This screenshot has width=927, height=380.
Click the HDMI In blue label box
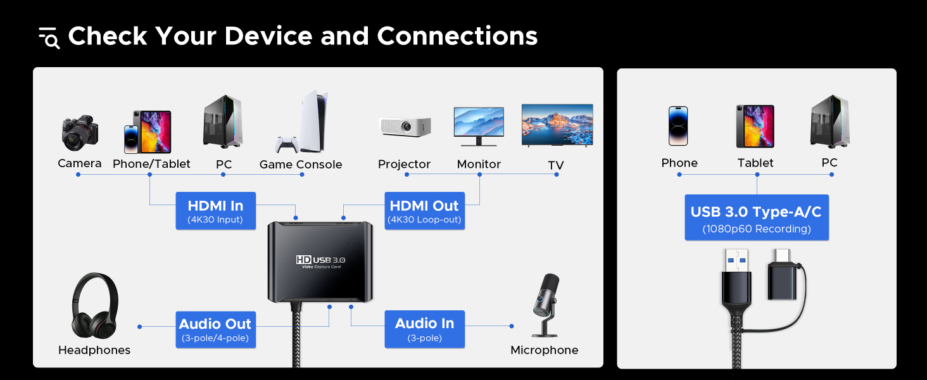click(215, 211)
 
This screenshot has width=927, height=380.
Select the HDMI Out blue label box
click(424, 211)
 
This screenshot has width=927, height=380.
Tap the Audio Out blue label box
click(215, 329)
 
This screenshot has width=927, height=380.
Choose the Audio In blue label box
click(424, 329)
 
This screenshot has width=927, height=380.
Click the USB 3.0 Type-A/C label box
click(756, 217)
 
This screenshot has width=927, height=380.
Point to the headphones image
click(94, 305)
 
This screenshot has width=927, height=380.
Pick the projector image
click(405, 125)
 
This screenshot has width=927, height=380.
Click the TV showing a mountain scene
click(557, 125)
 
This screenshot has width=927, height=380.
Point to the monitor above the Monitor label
click(479, 125)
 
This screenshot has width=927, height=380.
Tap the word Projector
click(404, 164)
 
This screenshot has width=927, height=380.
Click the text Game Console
click(301, 165)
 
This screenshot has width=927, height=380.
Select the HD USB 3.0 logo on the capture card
click(320, 260)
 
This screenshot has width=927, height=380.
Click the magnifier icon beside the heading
click(49, 38)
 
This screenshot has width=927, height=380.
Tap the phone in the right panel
click(678, 125)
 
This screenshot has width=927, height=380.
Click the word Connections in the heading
click(457, 36)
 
